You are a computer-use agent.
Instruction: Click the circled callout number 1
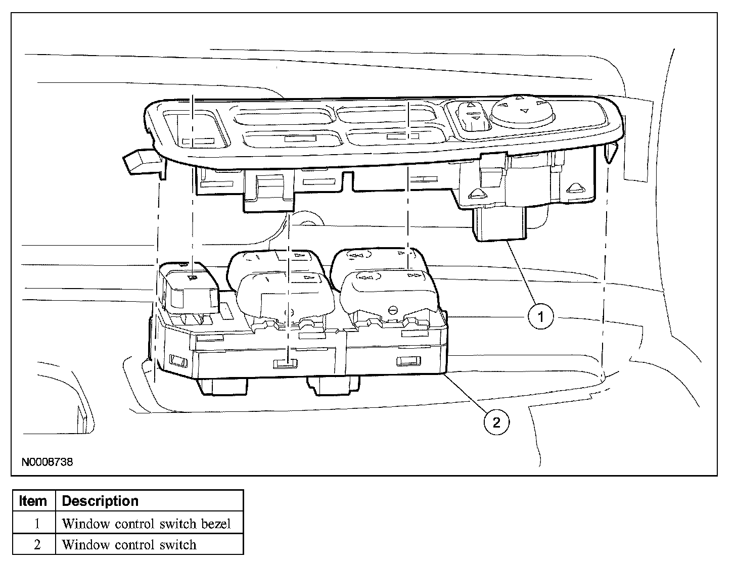[540, 317]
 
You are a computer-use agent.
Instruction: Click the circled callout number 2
[496, 422]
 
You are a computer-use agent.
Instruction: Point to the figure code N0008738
[47, 461]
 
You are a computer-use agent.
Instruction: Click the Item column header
[33, 501]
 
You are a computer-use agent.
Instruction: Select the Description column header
[100, 501]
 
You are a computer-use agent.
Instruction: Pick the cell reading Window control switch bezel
[146, 524]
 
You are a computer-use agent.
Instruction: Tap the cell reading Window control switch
[129, 545]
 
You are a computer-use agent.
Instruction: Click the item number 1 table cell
[36, 524]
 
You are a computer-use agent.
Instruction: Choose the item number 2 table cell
[36, 545]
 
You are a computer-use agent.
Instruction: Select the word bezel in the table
[216, 524]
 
